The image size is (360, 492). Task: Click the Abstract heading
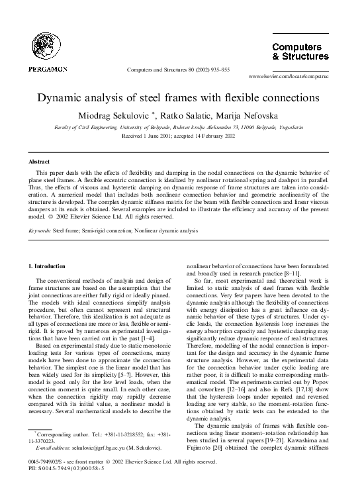coord(41,161)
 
